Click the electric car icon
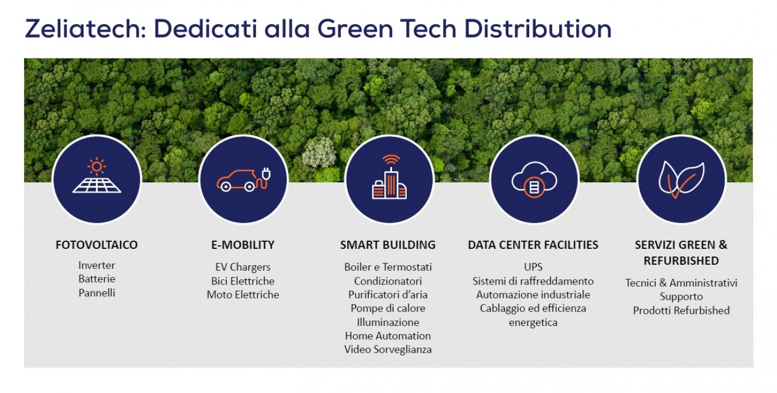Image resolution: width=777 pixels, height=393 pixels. click(x=244, y=180)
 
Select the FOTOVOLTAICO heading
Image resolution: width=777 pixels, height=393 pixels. click(x=97, y=245)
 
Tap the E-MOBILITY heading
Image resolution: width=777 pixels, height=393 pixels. click(x=243, y=245)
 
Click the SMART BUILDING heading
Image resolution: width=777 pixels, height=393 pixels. click(x=388, y=245)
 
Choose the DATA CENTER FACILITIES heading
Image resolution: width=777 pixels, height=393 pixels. click(x=533, y=245)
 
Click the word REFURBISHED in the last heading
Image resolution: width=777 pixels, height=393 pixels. click(x=681, y=260)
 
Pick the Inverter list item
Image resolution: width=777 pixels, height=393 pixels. click(x=97, y=265)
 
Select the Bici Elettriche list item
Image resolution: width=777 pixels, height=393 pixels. click(x=243, y=281)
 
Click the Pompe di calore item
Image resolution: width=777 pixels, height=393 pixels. click(x=388, y=308)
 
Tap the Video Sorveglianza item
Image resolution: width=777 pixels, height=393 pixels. click(x=388, y=349)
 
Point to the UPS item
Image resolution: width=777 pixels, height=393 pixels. click(x=533, y=267)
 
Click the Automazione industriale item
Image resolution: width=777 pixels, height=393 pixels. click(x=533, y=295)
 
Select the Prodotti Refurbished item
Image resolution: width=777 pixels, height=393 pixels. click(x=681, y=311)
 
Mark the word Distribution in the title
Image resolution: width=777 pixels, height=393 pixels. click(x=538, y=28)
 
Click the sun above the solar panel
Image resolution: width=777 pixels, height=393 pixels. click(x=97, y=167)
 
